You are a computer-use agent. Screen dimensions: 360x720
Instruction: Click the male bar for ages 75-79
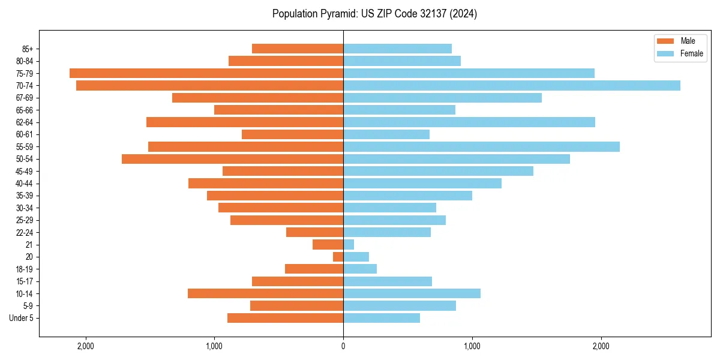pos(206,73)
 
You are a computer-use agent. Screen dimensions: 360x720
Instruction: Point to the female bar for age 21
pos(349,244)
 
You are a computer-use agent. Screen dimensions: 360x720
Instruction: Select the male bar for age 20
pos(338,257)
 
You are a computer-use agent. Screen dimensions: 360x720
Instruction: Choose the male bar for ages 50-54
pos(232,159)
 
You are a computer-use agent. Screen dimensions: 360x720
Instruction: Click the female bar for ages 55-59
pos(481,146)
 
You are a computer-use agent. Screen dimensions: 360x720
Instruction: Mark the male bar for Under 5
pos(285,318)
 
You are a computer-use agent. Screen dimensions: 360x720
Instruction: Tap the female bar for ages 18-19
pos(360,269)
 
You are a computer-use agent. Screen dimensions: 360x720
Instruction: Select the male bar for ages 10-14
pos(265,293)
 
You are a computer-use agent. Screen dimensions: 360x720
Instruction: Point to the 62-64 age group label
pos(23,122)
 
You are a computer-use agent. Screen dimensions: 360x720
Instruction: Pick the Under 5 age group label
pos(21,318)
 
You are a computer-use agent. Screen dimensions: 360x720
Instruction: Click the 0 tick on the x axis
pos(343,346)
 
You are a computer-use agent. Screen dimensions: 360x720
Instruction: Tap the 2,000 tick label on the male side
pos(86,346)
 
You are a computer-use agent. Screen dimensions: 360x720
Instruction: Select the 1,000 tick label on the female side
pos(472,346)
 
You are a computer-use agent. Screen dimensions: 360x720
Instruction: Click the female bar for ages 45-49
pos(438,171)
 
